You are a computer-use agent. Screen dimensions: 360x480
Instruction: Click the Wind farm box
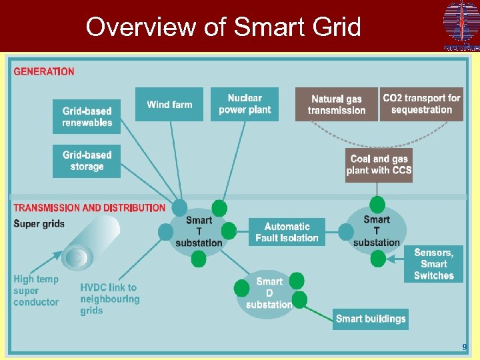pyautogui.click(x=169, y=105)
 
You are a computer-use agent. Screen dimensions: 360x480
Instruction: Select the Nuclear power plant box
pyautogui.click(x=245, y=105)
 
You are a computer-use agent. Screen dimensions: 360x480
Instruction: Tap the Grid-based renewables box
pyautogui.click(x=87, y=117)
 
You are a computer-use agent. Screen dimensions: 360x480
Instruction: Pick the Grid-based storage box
pyautogui.click(x=87, y=161)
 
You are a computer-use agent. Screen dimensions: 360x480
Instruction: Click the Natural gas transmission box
pyautogui.click(x=337, y=105)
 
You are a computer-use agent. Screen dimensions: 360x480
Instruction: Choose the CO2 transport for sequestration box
pyautogui.click(x=421, y=104)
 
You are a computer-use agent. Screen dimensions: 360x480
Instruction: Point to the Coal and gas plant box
pyautogui.click(x=379, y=164)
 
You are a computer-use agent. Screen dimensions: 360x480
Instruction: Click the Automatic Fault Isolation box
pyautogui.click(x=287, y=232)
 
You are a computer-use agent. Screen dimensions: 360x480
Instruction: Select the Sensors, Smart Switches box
pyautogui.click(x=433, y=264)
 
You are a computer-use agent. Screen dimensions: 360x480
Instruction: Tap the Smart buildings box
pyautogui.click(x=371, y=319)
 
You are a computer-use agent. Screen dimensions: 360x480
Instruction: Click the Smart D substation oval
pyautogui.click(x=269, y=293)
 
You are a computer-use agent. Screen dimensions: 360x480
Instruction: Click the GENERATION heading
pyautogui.click(x=44, y=71)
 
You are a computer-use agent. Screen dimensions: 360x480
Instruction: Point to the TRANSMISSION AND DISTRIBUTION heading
pyautogui.click(x=89, y=208)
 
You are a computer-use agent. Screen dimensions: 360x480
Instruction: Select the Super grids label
pyautogui.click(x=39, y=223)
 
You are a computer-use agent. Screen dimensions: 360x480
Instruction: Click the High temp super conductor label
pyautogui.click(x=36, y=291)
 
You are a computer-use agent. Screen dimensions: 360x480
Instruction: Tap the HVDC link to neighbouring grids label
pyautogui.click(x=109, y=299)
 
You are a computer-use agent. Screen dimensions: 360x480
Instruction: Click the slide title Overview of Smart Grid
pyautogui.click(x=223, y=27)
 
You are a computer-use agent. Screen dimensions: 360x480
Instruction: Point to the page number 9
pyautogui.click(x=465, y=347)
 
